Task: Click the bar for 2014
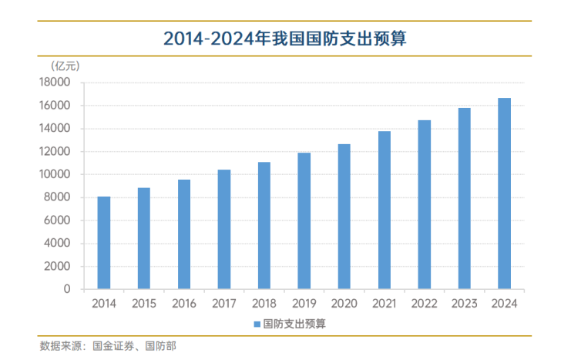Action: (104, 243)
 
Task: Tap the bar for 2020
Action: (344, 217)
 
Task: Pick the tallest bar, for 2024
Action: (504, 193)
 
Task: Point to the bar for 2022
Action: (424, 204)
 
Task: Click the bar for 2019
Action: (304, 220)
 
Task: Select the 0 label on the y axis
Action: (67, 289)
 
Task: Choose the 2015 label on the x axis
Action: (144, 304)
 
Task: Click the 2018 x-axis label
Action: (264, 304)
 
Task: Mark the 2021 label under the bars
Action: (384, 304)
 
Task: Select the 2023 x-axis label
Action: (464, 304)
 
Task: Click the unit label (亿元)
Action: (65, 66)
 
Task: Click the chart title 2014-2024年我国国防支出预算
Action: (285, 39)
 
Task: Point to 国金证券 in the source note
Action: (114, 346)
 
